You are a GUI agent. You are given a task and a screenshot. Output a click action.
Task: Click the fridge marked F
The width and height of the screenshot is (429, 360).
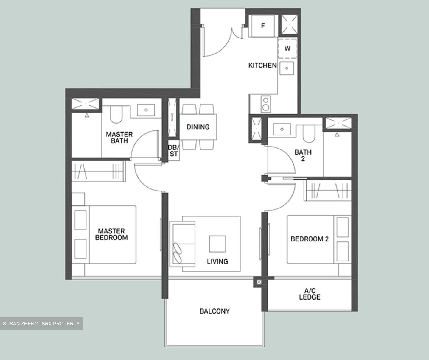263,26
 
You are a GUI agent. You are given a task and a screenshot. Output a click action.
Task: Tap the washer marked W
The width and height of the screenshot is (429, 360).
287,48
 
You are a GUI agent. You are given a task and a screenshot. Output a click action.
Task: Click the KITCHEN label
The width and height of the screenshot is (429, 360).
262,65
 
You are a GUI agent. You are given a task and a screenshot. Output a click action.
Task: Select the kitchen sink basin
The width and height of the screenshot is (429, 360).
287,68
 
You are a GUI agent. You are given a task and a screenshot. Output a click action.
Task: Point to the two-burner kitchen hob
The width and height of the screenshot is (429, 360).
265,104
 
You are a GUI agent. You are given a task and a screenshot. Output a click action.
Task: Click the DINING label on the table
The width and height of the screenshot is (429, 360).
198,127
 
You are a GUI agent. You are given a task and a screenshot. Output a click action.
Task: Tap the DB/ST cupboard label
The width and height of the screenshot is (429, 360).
173,151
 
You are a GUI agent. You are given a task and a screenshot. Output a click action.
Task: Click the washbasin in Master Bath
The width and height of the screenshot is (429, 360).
146,110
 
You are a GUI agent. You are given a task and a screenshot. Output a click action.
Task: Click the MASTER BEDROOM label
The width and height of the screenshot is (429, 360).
111,234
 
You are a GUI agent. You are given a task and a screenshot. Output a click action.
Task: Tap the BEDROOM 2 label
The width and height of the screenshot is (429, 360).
310,239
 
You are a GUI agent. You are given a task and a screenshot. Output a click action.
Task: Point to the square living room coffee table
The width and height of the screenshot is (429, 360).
217,244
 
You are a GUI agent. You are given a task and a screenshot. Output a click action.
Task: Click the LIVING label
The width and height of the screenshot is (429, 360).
217,261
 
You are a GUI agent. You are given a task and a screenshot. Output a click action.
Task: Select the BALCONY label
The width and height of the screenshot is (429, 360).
214,311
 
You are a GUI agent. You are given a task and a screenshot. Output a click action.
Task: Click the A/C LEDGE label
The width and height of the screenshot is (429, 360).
310,294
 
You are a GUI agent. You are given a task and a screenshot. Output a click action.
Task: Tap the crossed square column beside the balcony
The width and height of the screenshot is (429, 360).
259,282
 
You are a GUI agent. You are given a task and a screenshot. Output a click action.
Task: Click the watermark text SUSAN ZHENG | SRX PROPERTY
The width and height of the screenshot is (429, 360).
41,324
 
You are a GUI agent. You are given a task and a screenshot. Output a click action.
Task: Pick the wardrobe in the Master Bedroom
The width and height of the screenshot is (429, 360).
99,172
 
